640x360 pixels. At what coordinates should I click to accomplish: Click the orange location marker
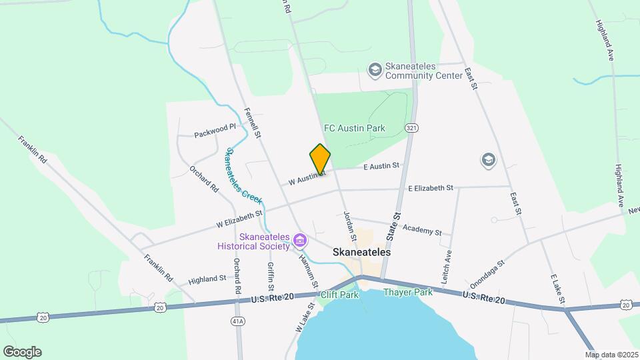[x=320, y=159]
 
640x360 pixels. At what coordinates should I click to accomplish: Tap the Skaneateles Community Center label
[x=423, y=71]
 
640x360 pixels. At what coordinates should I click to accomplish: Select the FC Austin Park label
[x=355, y=127]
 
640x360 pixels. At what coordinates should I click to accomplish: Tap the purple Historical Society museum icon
[x=300, y=239]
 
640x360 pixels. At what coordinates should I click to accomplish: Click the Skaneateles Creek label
[x=243, y=176]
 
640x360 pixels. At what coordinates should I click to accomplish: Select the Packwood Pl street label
[x=215, y=130]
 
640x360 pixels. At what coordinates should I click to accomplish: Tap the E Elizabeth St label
[x=430, y=189]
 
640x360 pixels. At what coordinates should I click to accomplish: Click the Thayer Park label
[x=408, y=292]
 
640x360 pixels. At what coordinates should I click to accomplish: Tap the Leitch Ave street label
[x=448, y=265]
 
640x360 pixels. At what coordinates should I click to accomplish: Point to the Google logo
[x=22, y=352]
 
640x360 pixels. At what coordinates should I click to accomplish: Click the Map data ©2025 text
[x=611, y=355]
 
